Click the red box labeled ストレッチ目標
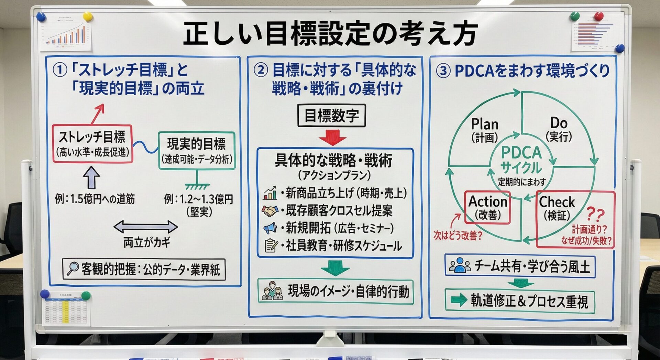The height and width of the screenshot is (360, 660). click(92, 143)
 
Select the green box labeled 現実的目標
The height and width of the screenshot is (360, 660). click(197, 151)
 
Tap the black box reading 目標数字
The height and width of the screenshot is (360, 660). click(331, 116)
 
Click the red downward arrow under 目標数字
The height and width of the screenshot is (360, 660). click(332, 138)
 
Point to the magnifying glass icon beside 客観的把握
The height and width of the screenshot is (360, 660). click(73, 269)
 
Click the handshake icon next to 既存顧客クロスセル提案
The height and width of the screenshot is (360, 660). click(270, 210)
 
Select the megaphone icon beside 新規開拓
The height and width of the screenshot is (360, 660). click(270, 228)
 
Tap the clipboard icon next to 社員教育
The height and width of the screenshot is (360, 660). click(271, 245)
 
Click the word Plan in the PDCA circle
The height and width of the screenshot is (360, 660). click(484, 124)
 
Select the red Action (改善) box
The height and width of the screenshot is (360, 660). click(487, 207)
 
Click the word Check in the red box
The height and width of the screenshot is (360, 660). click(557, 202)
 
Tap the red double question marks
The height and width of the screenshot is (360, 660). click(595, 215)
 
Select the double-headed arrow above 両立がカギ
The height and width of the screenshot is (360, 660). click(145, 227)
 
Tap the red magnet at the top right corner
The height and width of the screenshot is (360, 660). click(599, 16)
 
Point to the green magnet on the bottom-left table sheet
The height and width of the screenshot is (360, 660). click(86, 295)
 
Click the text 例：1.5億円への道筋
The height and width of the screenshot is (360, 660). click(95, 199)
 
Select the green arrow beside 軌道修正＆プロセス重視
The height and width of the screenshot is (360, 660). click(459, 300)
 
